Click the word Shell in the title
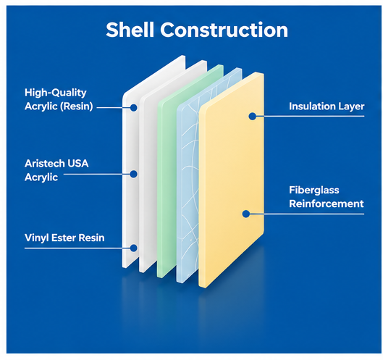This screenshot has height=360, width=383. click(130, 30)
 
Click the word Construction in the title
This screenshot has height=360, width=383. click(224, 30)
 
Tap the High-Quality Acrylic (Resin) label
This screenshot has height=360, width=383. click(59, 99)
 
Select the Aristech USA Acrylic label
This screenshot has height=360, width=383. click(56, 170)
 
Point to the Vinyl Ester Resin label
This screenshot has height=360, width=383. click(64, 238)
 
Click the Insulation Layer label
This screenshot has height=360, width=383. click(327, 106)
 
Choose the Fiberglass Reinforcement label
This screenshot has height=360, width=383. click(327, 197)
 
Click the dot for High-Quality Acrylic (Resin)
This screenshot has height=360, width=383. click(133, 107)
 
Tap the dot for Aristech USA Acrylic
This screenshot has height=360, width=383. click(133, 174)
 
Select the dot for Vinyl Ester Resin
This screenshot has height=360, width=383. click(133, 248)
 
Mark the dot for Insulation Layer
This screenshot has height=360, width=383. click(253, 116)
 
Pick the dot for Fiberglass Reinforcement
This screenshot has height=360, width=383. click(246, 214)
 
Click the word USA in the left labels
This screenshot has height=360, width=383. click(77, 164)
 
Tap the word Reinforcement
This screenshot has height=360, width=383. click(327, 204)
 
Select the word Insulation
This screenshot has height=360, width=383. click(311, 106)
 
